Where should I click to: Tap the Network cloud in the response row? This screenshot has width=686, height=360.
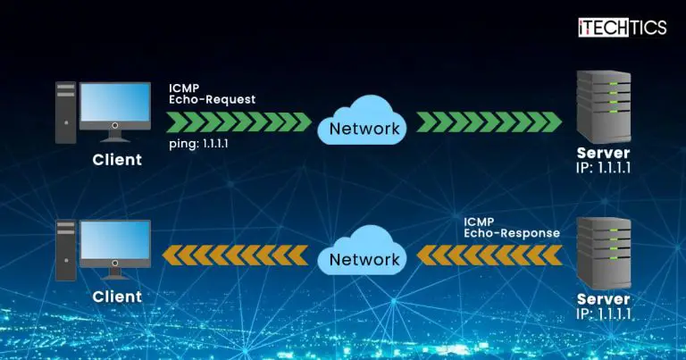coord(364,258)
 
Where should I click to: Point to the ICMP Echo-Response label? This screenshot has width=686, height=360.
coord(511,226)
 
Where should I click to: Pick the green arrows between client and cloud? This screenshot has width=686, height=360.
coord(238,121)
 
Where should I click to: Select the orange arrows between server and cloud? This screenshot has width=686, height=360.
coord(489,257)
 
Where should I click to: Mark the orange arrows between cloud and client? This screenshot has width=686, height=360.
coord(237,257)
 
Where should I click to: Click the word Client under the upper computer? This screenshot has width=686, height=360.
coord(117,161)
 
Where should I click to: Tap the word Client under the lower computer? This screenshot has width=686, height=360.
coord(117,297)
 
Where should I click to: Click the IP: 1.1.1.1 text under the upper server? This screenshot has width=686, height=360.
coord(604,168)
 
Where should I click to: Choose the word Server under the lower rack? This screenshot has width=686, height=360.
coord(604,299)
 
